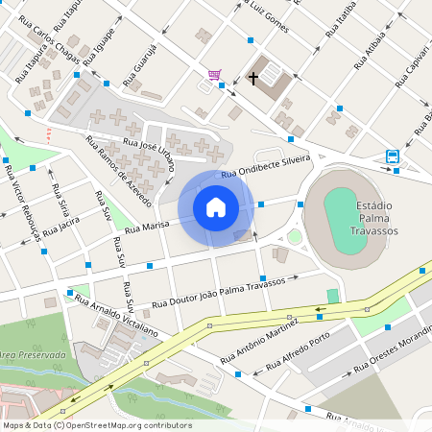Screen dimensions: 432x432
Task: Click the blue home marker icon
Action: point(216,206)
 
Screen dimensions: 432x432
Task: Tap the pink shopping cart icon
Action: point(214,74)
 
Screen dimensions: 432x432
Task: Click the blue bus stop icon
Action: point(393,156)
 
